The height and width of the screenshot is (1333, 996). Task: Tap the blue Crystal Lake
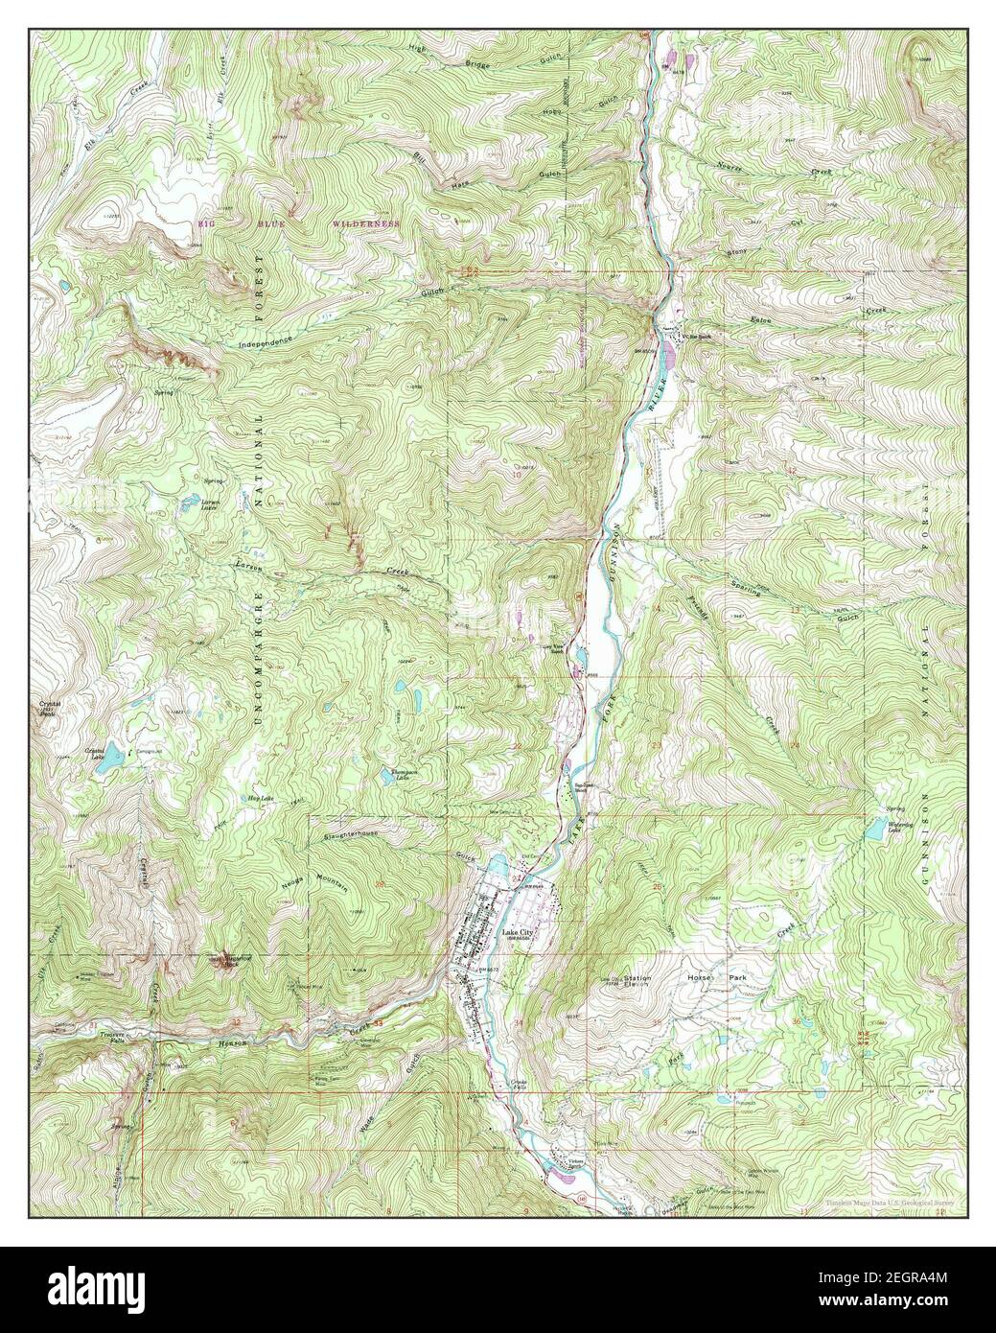(113, 757)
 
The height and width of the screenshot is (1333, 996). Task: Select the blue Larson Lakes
(194, 500)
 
